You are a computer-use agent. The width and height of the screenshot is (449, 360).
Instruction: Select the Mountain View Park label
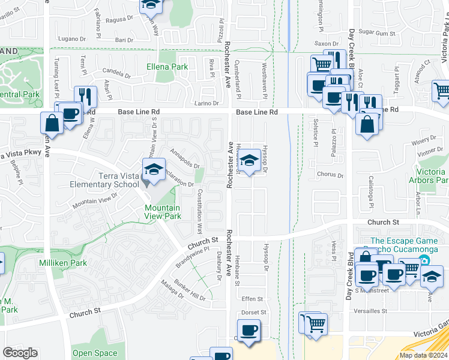pos(163,212)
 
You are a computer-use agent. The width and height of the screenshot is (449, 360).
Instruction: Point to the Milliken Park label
pos(63,263)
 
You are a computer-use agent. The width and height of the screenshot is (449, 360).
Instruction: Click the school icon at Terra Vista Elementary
pos(154,169)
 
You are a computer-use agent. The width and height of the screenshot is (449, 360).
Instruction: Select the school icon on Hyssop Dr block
pos(251,160)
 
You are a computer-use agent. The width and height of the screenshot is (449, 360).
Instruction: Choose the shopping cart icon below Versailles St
pos(316,324)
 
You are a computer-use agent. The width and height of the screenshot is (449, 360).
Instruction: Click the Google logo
pos(20,352)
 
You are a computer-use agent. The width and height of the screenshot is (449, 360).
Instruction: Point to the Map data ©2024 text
pos(423,355)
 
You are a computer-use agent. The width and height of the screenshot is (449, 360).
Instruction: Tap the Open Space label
pos(95,353)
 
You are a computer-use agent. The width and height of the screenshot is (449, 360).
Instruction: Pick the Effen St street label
pos(252,299)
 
